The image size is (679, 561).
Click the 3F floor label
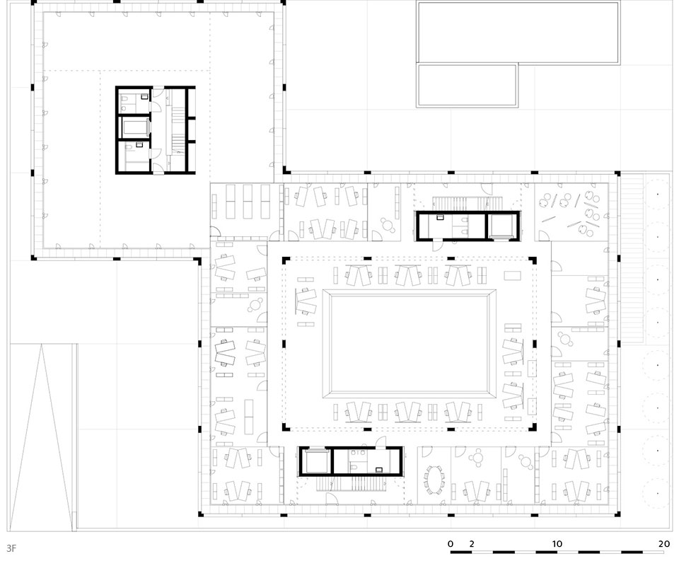click(x=11, y=548)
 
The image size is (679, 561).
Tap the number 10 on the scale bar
click(x=557, y=544)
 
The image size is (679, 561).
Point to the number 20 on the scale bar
click(x=664, y=544)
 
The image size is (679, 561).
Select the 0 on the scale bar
click(x=451, y=544)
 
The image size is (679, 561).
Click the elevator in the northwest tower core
click(x=135, y=128)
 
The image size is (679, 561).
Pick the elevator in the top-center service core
click(x=503, y=226)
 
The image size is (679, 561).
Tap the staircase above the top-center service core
click(x=469, y=203)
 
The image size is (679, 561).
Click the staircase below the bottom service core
click(x=352, y=484)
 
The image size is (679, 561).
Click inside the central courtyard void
click(x=410, y=344)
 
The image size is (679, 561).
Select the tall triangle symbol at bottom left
click(x=42, y=437)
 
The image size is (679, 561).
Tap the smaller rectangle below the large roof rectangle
click(x=468, y=86)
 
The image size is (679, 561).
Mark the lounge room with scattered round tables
click(x=571, y=212)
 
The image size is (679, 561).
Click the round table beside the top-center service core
click(x=387, y=224)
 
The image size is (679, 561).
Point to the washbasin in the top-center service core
click(x=441, y=217)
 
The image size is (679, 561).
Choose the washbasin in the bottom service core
click(x=379, y=469)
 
